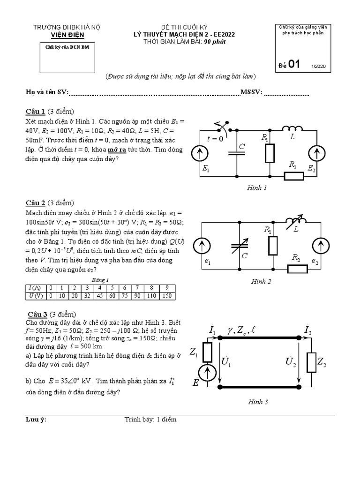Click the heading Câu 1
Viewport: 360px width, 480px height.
(x=35, y=111)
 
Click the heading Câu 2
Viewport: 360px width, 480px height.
(x=35, y=203)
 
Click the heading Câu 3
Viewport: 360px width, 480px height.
(x=37, y=314)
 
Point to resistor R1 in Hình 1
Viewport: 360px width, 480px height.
(x=270, y=153)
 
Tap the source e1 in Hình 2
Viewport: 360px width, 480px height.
(x=202, y=245)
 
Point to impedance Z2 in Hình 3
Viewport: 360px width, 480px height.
(x=311, y=362)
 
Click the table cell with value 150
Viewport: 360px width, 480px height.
(x=168, y=296)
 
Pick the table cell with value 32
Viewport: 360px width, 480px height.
(x=86, y=296)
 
